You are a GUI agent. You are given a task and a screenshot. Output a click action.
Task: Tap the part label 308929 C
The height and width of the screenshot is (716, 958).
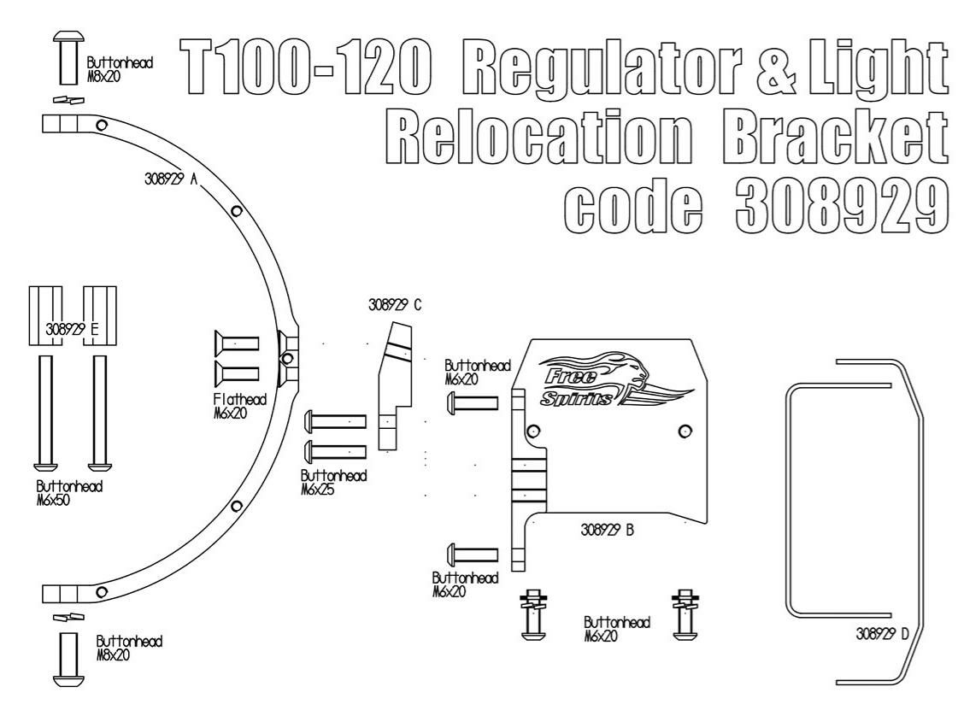click(x=395, y=306)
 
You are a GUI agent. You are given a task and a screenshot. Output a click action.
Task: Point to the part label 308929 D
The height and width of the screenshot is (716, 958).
click(x=880, y=636)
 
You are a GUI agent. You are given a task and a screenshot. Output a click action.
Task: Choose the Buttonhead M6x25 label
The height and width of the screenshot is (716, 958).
click(x=333, y=483)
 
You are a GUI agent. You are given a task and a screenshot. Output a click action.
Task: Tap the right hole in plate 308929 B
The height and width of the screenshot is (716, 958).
click(x=684, y=430)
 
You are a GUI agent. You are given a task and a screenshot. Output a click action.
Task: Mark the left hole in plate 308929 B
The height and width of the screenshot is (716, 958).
click(x=535, y=430)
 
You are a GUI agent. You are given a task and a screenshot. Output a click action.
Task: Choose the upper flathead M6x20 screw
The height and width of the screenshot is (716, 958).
click(x=236, y=343)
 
